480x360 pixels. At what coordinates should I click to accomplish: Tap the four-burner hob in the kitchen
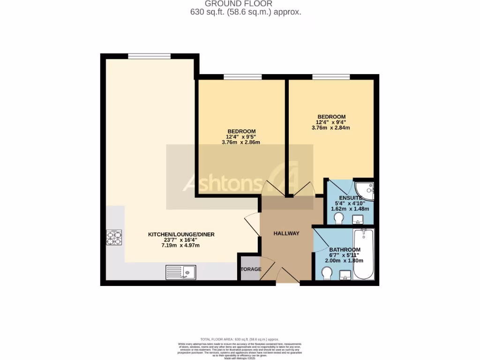114,238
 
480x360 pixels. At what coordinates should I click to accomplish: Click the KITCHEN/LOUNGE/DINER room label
181,234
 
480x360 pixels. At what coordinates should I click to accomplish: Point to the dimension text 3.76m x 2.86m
241,142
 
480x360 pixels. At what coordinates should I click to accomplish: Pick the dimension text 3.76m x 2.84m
331,128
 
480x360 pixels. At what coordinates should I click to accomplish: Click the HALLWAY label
286,233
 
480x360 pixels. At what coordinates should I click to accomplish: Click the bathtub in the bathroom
363,254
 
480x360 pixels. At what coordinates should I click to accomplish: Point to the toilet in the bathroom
327,272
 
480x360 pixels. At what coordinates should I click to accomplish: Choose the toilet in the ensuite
340,218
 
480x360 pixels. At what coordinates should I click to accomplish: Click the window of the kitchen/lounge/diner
149,56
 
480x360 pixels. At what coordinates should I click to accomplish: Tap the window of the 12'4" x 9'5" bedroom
242,77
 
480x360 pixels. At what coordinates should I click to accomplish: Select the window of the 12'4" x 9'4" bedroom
331,77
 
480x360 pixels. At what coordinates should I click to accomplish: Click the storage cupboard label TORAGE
251,269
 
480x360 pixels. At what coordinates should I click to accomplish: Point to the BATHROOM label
345,249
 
